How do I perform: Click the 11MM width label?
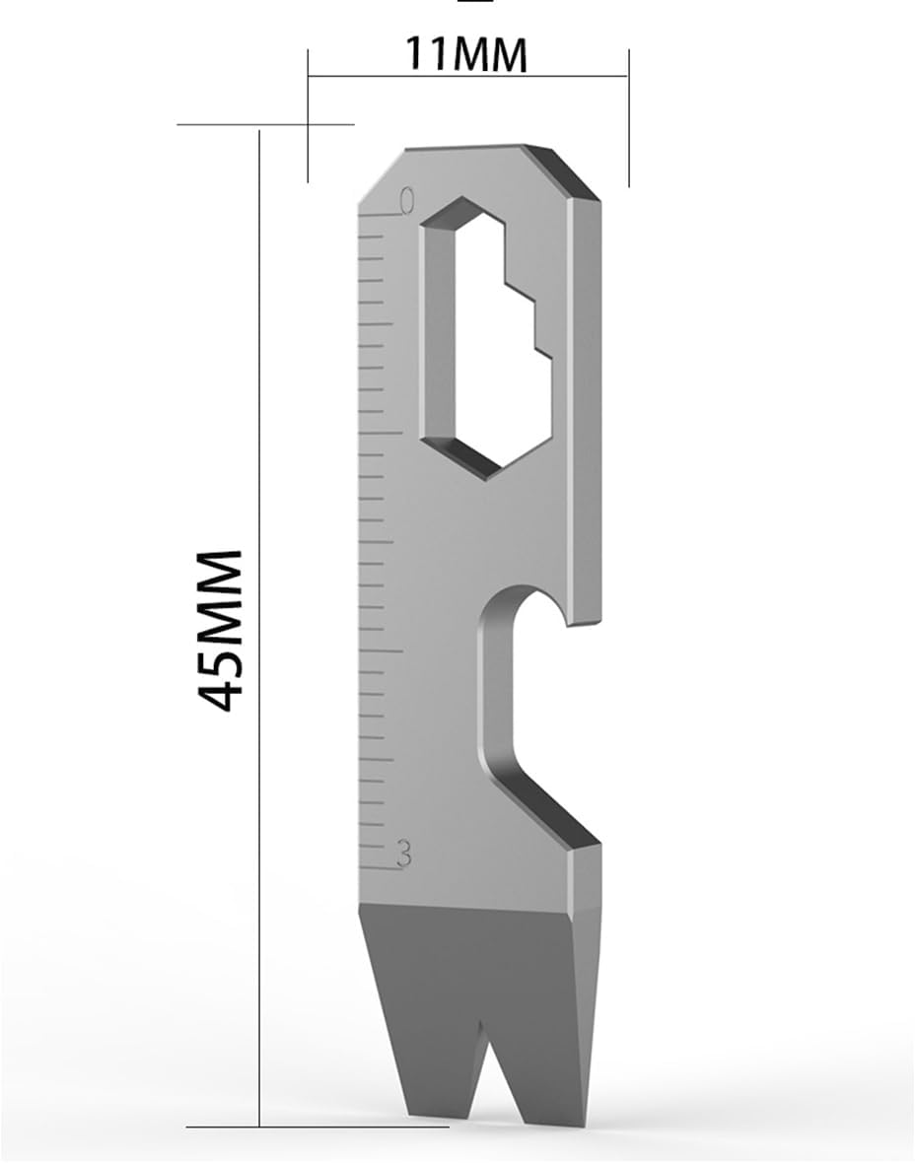pyautogui.click(x=466, y=54)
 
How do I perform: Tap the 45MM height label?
pyautogui.click(x=219, y=631)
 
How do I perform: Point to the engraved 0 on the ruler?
pyautogui.click(x=405, y=201)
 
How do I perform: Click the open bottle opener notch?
pyautogui.click(x=537, y=690)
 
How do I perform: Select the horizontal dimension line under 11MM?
pyautogui.click(x=468, y=77)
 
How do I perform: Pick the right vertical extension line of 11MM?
pyautogui.click(x=628, y=128)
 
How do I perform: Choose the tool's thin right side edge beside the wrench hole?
pyautogui.click(x=587, y=394)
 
